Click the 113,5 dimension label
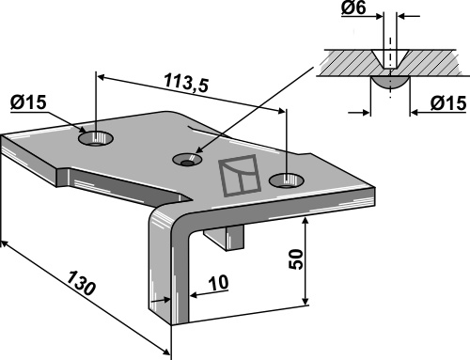click(186, 83)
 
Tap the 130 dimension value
click(81, 284)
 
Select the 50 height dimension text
click(296, 258)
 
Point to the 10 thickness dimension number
click(219, 283)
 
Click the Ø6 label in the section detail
click(353, 8)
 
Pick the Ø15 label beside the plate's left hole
click(28, 102)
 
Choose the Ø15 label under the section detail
click(448, 103)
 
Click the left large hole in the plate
click(96, 138)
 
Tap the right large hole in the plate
click(287, 180)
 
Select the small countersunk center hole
click(187, 160)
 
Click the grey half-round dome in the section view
click(390, 82)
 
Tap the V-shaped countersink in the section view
click(390, 59)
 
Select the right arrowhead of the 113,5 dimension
click(281, 111)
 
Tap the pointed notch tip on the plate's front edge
click(192, 198)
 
